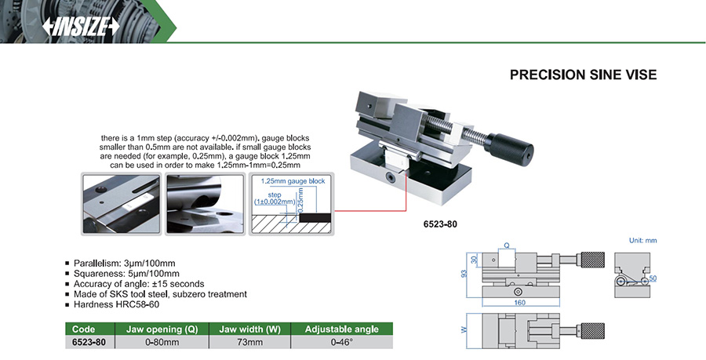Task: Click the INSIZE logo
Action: pos(82,25)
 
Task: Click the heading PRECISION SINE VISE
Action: pos(583,75)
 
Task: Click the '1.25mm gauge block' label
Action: pos(293,181)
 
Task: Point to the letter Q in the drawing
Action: pos(507,245)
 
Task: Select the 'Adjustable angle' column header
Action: pos(341,329)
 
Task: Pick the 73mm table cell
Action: pos(249,343)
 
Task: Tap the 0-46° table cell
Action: pos(341,343)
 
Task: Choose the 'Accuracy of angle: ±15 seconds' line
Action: pos(139,284)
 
